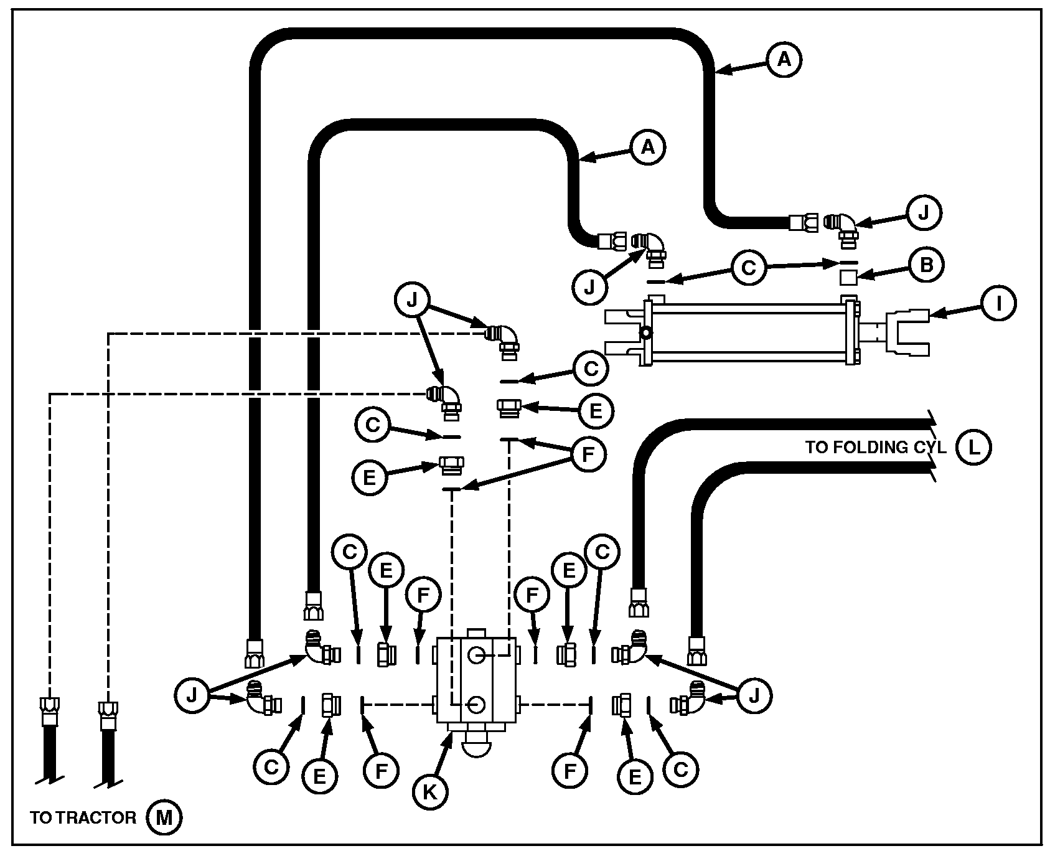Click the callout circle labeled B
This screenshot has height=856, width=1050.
[926, 265]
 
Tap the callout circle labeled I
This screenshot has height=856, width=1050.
[998, 303]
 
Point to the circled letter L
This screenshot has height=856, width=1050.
[973, 447]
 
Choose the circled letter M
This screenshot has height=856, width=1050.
[164, 817]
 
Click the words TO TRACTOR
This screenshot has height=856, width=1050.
[83, 817]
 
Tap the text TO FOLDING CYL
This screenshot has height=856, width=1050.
[876, 447]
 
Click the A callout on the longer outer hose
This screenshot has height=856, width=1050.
[784, 59]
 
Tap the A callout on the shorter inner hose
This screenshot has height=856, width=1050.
[648, 147]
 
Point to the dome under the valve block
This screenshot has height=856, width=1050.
[476, 747]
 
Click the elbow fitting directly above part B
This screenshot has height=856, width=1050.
[842, 226]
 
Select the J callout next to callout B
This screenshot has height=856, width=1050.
[923, 214]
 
